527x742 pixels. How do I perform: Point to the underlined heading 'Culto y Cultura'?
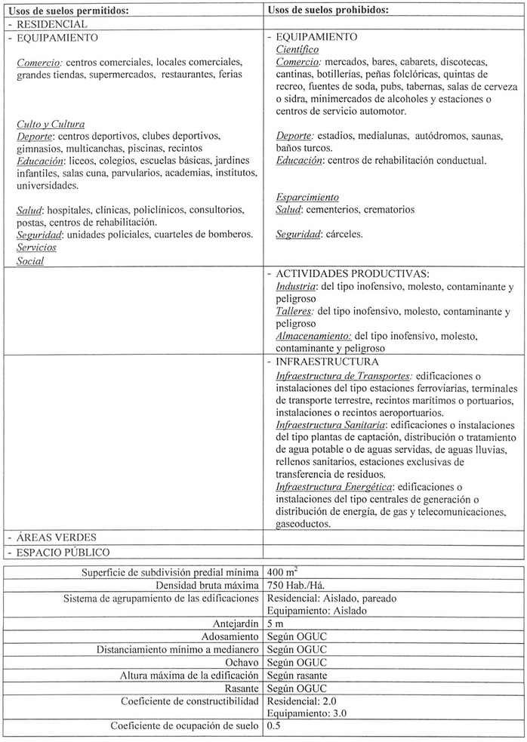click(51, 124)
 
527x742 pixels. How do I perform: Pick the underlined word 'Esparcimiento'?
click(307, 197)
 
